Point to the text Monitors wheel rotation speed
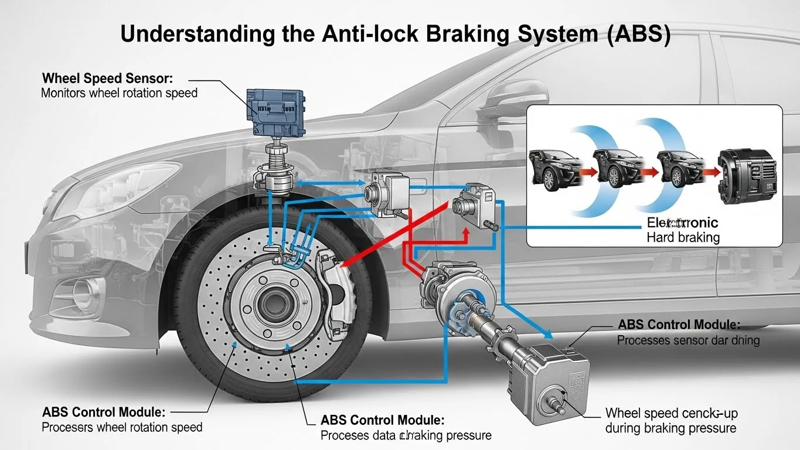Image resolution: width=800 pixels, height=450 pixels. click(x=119, y=93)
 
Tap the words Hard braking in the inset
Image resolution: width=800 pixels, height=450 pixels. click(x=682, y=237)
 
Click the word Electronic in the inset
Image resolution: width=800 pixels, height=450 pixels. click(x=682, y=223)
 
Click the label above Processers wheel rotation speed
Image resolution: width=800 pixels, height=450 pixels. click(x=104, y=412)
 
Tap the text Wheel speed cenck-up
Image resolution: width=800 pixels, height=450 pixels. click(x=670, y=413)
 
